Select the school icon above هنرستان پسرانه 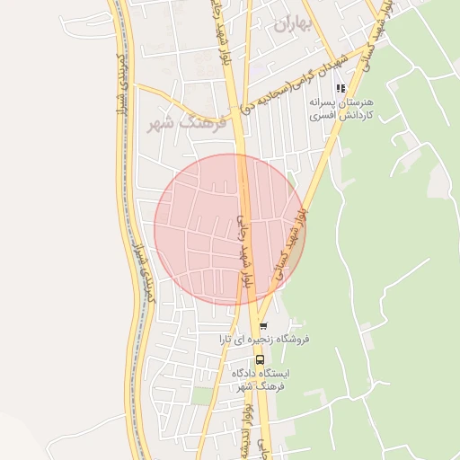340,88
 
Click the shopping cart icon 262,325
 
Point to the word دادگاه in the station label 249,373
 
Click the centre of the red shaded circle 230,230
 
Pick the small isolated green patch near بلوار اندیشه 202,395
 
